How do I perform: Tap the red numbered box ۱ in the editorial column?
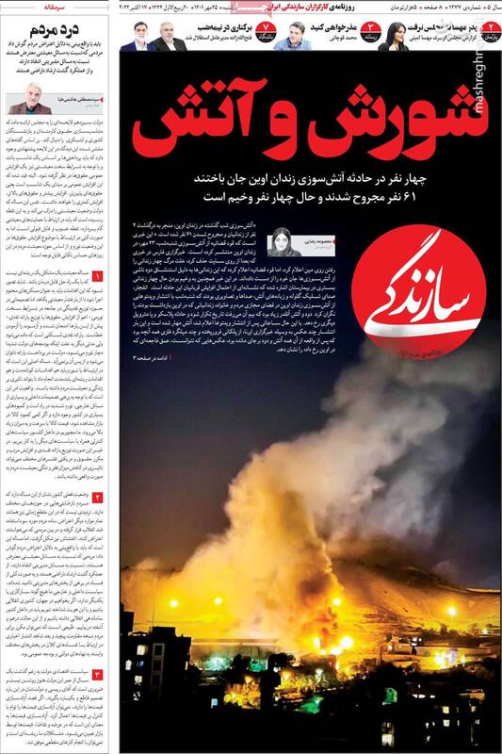pos(97,275)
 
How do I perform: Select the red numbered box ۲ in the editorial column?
pos(97,496)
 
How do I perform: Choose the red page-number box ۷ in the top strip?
pos(267,39)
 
